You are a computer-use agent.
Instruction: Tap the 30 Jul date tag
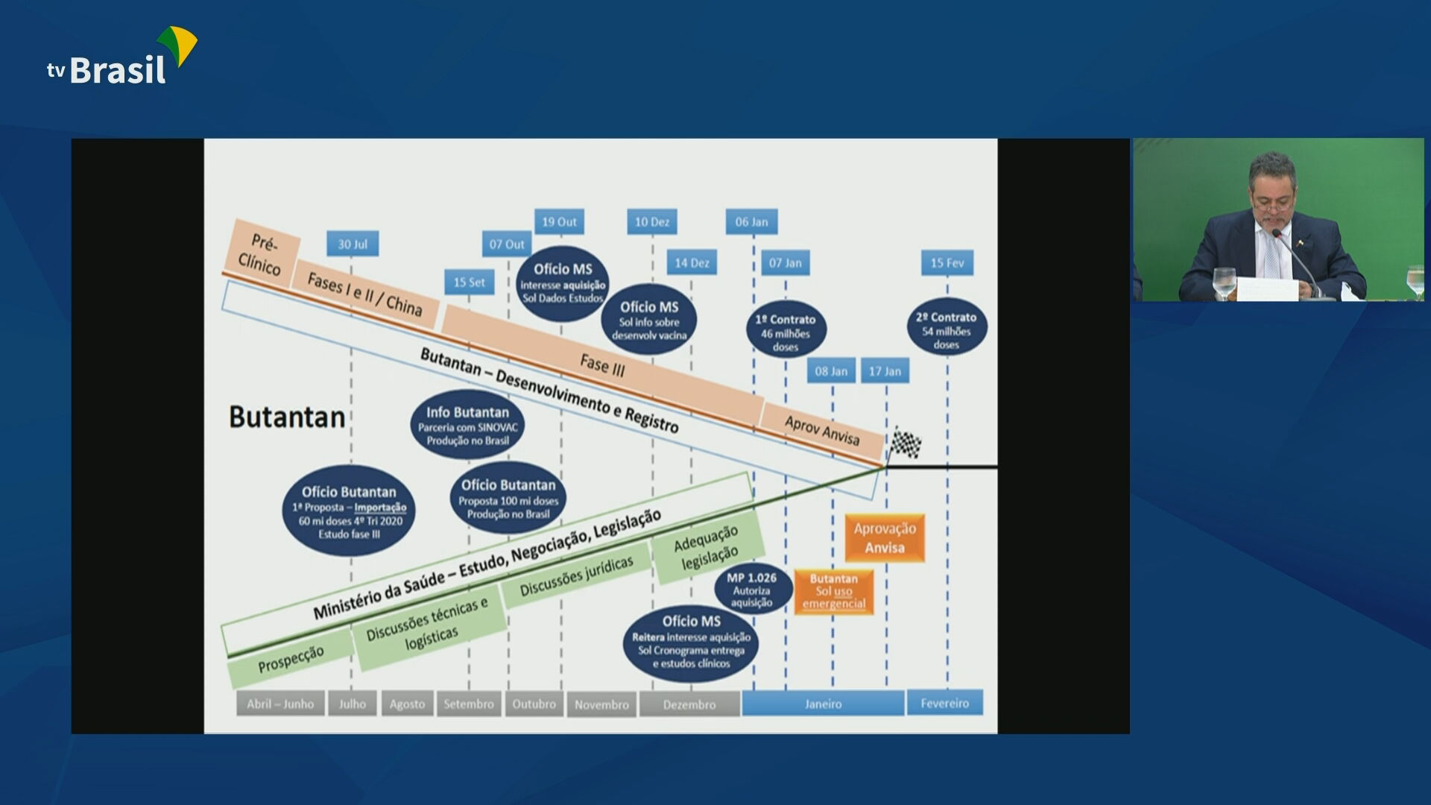pyautogui.click(x=353, y=244)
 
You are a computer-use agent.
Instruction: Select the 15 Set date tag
pyautogui.click(x=469, y=282)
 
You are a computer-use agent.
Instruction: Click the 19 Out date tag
pyautogui.click(x=559, y=221)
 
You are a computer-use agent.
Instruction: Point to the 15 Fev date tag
pyautogui.click(x=947, y=262)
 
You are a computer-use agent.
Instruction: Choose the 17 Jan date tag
pyautogui.click(x=885, y=371)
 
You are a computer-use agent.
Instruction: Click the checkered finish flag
pyautogui.click(x=906, y=443)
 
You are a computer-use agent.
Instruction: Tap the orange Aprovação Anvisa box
pyautogui.click(x=885, y=537)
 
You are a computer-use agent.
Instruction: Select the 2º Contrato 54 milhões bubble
pyautogui.click(x=947, y=328)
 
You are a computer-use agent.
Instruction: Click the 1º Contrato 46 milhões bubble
pyautogui.click(x=786, y=330)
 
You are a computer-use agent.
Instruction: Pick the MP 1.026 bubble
pyautogui.click(x=751, y=589)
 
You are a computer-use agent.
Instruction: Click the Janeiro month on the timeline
pyautogui.click(x=823, y=704)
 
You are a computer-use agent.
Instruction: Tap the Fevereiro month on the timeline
pyautogui.click(x=944, y=703)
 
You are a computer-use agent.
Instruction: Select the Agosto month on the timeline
pyautogui.click(x=407, y=704)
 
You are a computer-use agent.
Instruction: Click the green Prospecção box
pyautogui.click(x=291, y=659)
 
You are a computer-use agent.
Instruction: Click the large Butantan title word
pyautogui.click(x=287, y=417)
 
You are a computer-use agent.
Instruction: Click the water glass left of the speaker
pyautogui.click(x=1224, y=282)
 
